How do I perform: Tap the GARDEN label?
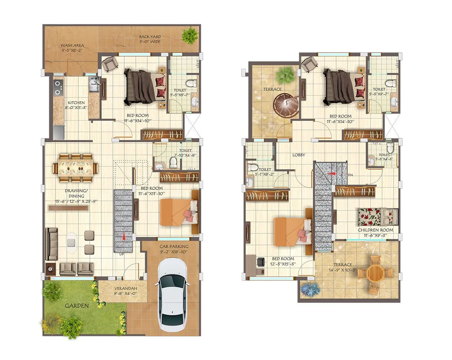tap(77, 306)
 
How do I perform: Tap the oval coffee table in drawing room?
tap(72, 242)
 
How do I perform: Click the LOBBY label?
tap(299, 155)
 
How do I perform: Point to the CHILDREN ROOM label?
tap(375, 230)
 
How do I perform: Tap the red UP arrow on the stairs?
tap(124, 236)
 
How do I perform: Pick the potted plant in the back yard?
tap(189, 35)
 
